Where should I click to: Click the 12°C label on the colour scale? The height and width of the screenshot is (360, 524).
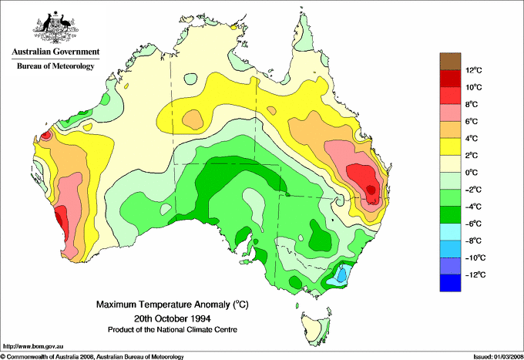(x=473, y=70)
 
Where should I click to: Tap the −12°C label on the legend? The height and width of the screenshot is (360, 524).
(x=473, y=274)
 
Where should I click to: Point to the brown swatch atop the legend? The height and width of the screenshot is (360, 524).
(x=449, y=61)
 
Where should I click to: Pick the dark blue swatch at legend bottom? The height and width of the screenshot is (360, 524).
(x=449, y=283)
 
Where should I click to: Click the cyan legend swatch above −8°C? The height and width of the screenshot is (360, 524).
(x=449, y=232)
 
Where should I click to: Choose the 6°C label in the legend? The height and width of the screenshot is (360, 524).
(x=473, y=122)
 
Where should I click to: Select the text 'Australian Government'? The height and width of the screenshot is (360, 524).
(x=55, y=52)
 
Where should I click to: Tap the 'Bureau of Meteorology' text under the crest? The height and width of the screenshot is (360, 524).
(x=55, y=66)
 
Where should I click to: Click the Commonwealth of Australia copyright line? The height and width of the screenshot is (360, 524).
(x=92, y=356)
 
